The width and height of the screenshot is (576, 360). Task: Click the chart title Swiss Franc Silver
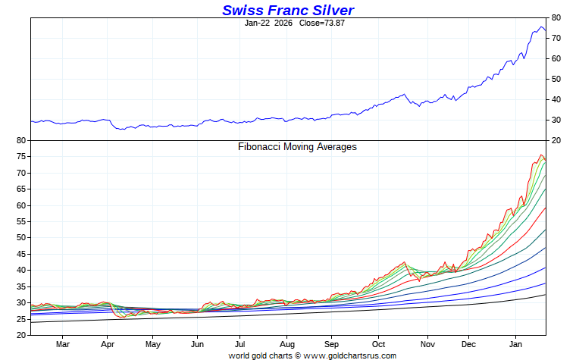click(x=288, y=10)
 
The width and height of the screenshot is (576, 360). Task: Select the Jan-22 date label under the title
click(x=258, y=23)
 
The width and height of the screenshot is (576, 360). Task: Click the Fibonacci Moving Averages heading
click(x=297, y=146)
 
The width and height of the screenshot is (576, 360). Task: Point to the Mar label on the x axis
click(x=63, y=344)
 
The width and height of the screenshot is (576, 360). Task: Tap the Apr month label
click(x=107, y=344)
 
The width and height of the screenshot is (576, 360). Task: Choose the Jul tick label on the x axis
click(x=239, y=344)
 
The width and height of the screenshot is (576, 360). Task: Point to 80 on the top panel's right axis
click(x=556, y=17)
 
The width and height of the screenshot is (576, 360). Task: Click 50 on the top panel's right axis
click(x=556, y=79)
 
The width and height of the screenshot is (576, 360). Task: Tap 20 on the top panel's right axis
click(x=556, y=140)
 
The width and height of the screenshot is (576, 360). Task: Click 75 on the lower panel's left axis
click(x=21, y=157)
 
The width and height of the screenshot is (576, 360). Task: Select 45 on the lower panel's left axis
click(x=21, y=254)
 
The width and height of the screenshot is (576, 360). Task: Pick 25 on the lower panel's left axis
click(x=21, y=318)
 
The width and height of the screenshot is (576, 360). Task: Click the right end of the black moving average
click(x=546, y=295)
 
